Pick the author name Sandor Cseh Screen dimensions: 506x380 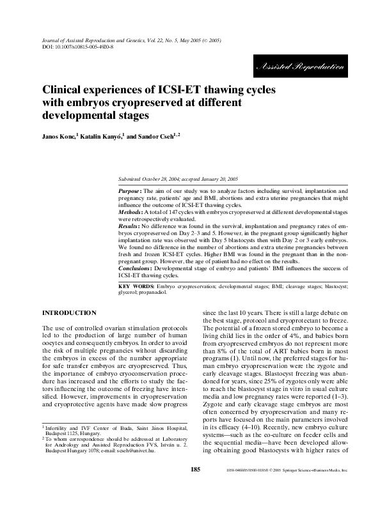157,137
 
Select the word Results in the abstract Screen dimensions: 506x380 131,226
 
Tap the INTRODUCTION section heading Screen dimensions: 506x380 69,312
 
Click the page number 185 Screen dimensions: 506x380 195,487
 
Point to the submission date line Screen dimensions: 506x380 178,180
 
